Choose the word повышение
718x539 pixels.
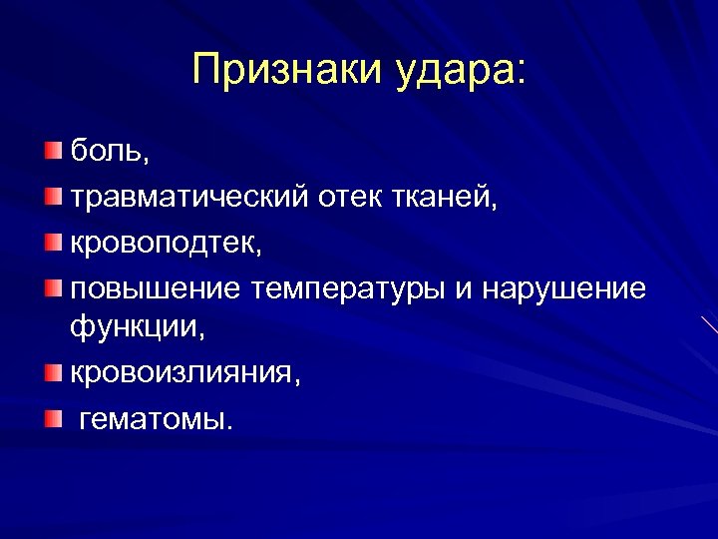click(155, 289)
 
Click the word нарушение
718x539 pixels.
click(563, 289)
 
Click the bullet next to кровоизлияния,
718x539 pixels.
click(52, 371)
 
